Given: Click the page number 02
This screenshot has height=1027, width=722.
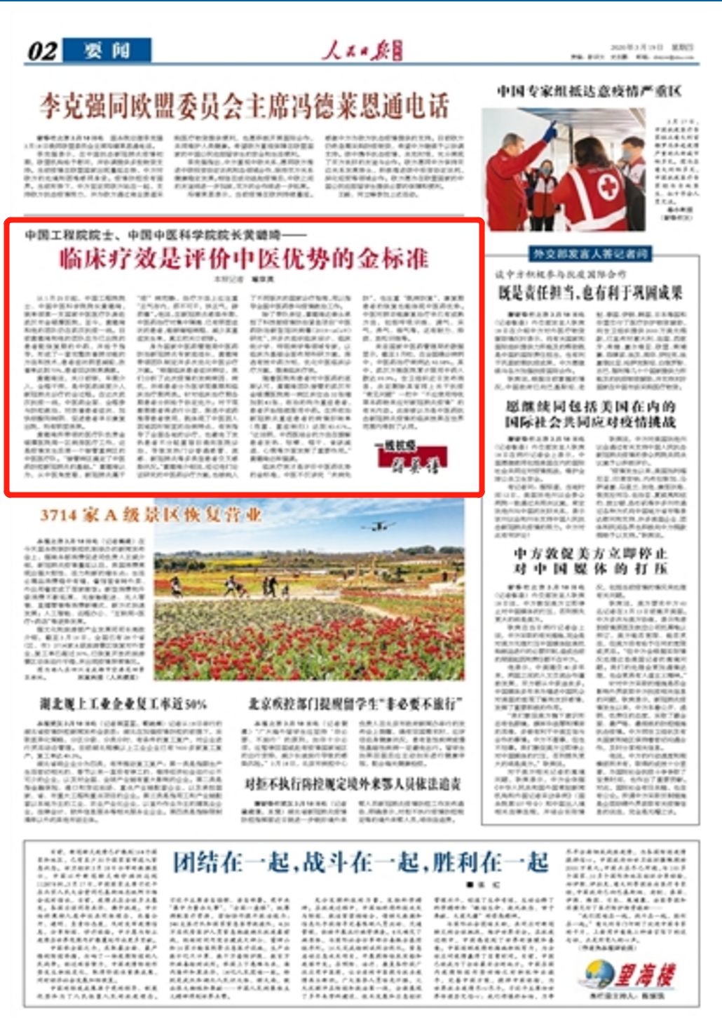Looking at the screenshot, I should coord(42,51).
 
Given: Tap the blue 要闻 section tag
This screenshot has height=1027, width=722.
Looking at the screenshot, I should coord(107,51).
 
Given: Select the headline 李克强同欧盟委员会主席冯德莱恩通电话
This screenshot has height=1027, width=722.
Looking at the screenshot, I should coord(244,106).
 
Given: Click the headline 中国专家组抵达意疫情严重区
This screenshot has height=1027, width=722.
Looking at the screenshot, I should coord(589,91).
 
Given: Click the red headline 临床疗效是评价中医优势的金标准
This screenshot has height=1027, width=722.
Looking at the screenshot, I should coord(243,259).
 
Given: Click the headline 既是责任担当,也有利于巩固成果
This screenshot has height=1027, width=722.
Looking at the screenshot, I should coord(590,292).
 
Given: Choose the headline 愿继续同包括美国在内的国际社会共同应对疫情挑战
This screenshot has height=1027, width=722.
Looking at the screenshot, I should coord(590,414).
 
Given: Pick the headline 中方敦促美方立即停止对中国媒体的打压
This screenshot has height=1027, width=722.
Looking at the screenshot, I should coord(590,561).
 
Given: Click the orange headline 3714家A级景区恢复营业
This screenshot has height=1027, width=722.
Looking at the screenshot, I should coord(151,515).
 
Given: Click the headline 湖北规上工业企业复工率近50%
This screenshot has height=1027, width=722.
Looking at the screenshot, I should coord(123,704).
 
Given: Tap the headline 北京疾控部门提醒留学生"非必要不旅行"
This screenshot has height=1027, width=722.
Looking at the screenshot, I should coord(355,704).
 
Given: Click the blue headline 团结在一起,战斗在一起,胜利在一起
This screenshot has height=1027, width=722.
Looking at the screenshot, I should coord(360,861).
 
